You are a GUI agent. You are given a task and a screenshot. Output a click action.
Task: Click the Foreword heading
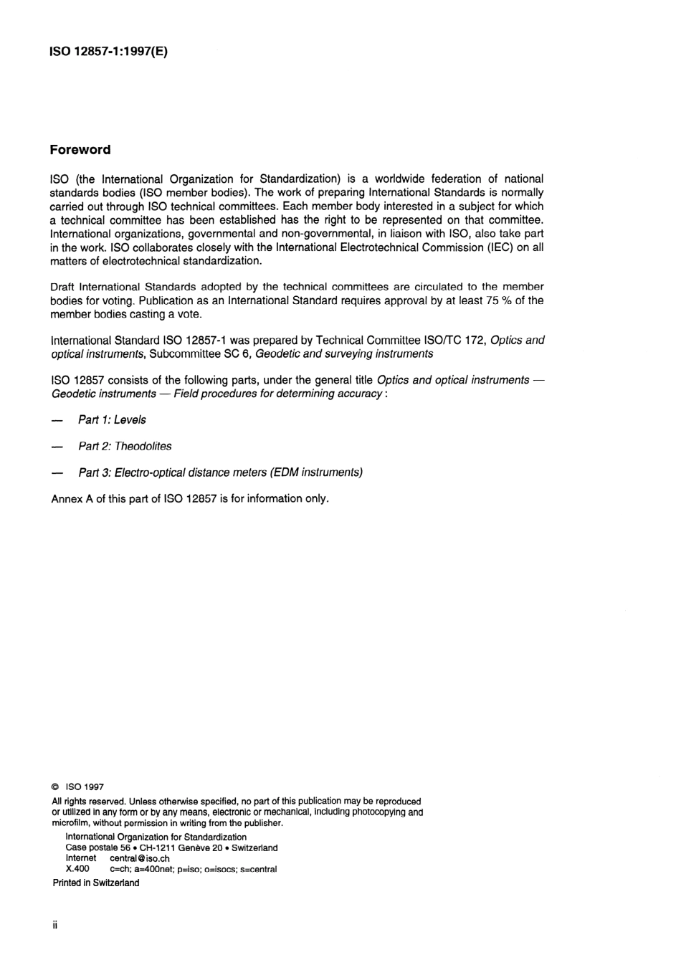pyautogui.click(x=80, y=150)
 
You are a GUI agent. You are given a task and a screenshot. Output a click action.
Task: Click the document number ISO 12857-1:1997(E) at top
pyautogui.click(x=108, y=52)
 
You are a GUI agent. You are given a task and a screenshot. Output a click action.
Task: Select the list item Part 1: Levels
pyautogui.click(x=112, y=420)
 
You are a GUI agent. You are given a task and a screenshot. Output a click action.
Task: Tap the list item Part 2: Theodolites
pyautogui.click(x=125, y=446)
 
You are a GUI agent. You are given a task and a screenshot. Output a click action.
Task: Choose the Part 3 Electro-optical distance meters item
pyautogui.click(x=220, y=472)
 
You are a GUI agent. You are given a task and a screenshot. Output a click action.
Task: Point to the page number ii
pyautogui.click(x=54, y=925)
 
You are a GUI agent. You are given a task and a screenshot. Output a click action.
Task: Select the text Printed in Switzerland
pyautogui.click(x=96, y=883)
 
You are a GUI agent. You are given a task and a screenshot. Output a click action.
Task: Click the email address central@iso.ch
pyautogui.click(x=139, y=858)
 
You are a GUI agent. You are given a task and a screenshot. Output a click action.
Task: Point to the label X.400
pyautogui.click(x=77, y=869)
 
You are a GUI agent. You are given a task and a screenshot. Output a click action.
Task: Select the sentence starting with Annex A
pyautogui.click(x=190, y=498)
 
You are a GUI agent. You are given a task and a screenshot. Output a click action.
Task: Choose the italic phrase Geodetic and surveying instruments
pyautogui.click(x=344, y=353)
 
